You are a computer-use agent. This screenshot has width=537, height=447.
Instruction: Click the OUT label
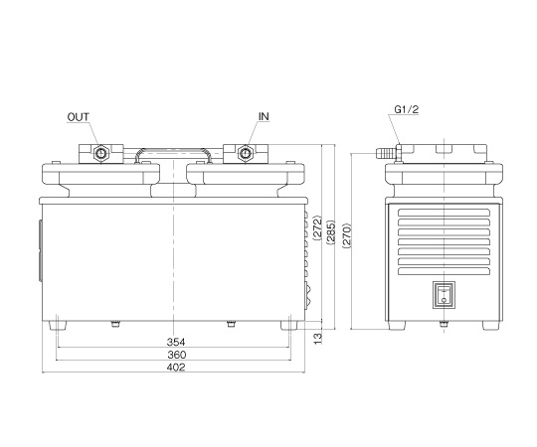point(79,117)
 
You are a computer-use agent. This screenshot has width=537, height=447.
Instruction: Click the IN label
point(264,116)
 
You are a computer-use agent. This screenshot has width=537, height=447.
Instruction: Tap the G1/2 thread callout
point(407,109)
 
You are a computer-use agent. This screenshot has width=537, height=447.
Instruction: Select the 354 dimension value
point(176,342)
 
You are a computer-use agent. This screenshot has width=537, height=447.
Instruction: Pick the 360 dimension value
point(176,355)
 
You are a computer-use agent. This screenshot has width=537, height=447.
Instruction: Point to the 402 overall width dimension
point(176,367)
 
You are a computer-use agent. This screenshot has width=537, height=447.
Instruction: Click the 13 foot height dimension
point(318,339)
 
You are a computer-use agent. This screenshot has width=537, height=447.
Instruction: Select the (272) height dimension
point(318,228)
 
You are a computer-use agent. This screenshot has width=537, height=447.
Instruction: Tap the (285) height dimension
point(331,232)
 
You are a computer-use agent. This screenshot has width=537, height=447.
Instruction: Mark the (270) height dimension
point(347,235)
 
